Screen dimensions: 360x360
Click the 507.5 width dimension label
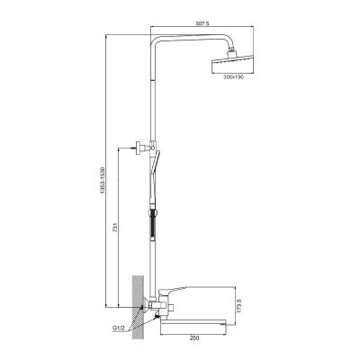[x=202, y=23]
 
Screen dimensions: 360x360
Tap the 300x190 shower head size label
[x=233, y=77]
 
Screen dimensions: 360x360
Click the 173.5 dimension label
[x=239, y=306]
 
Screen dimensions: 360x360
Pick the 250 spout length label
[x=194, y=338]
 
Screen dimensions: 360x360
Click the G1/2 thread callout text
[x=119, y=328]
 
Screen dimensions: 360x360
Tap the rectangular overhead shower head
[x=233, y=64]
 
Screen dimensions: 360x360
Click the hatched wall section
[x=137, y=307]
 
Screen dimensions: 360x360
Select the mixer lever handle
[x=172, y=290]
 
